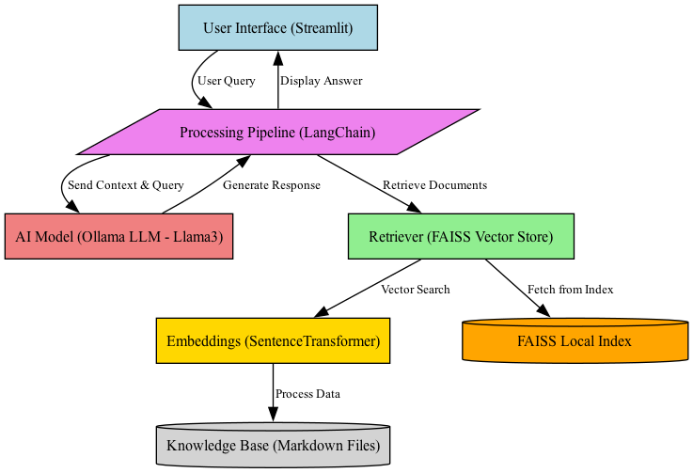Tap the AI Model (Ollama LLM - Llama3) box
(x=118, y=236)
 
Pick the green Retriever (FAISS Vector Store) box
(x=461, y=236)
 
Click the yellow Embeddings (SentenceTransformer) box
(x=273, y=340)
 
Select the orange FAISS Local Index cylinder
(x=575, y=340)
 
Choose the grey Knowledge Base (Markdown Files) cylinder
(x=273, y=444)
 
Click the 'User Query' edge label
(x=226, y=81)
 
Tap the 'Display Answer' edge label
(x=322, y=81)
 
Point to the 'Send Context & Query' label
(x=126, y=185)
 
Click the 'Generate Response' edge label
(x=271, y=185)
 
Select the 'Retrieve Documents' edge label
(x=434, y=185)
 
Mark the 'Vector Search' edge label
(x=415, y=290)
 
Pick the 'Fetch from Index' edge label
(x=570, y=290)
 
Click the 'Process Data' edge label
(x=307, y=393)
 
